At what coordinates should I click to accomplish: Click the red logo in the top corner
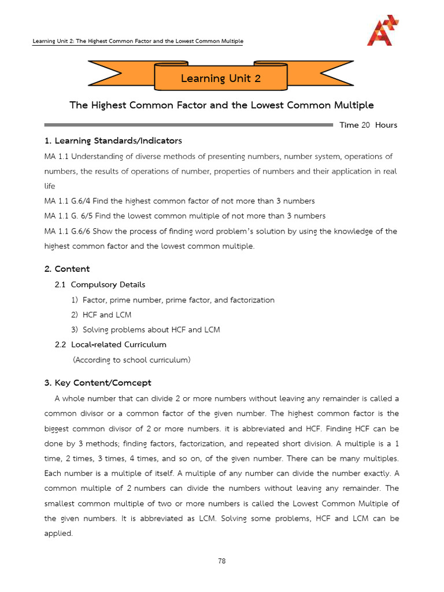tap(383, 31)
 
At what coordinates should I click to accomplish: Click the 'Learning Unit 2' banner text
tap(220, 78)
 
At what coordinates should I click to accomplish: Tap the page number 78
tap(221, 560)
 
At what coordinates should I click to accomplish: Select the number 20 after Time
tap(365, 125)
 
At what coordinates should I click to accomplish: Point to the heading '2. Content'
tap(67, 269)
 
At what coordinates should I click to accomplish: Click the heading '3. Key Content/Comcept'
tap(98, 383)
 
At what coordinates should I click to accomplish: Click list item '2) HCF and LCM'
tap(101, 314)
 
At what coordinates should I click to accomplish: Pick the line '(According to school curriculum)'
tap(131, 360)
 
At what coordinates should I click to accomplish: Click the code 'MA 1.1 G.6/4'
tap(68, 201)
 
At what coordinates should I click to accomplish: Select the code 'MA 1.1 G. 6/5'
tap(69, 216)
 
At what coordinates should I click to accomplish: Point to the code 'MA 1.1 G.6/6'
tap(68, 231)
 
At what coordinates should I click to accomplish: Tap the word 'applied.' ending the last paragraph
tap(58, 533)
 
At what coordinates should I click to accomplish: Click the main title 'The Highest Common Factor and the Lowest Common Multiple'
tap(221, 105)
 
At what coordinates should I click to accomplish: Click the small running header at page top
tap(138, 41)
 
